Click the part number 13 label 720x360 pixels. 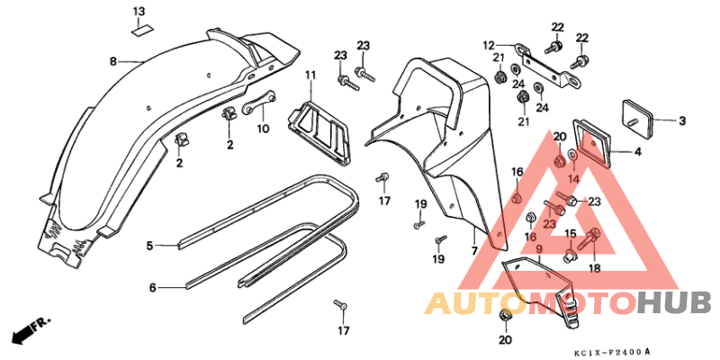(139, 12)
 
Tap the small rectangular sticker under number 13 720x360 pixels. (143, 31)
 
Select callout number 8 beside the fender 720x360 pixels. (113, 61)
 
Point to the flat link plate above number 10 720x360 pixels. (260, 102)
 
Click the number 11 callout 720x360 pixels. (310, 74)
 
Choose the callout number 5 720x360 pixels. (149, 246)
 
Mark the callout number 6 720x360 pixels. (152, 288)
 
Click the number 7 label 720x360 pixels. (474, 251)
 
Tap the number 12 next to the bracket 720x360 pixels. (488, 45)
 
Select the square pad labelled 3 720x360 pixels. (638, 114)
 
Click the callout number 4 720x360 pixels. (637, 151)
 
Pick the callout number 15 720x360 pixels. (570, 233)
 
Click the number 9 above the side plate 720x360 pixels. (539, 249)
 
